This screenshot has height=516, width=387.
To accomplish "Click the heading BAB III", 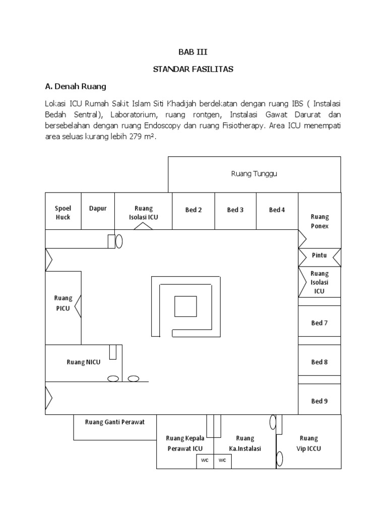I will [193, 51].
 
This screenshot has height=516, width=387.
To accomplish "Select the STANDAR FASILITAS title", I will [193, 70].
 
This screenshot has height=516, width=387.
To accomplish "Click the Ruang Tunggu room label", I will [254, 174].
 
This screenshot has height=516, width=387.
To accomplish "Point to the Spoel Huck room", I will [63, 213].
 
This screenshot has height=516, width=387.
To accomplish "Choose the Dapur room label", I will [98, 208].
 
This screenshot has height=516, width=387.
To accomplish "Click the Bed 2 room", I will [193, 210].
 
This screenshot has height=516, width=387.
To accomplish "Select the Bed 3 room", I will [235, 210].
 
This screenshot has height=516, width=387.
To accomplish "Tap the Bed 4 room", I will [277, 210].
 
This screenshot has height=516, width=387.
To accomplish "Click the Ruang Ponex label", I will [319, 221].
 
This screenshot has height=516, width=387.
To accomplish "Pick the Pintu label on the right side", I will [319, 255].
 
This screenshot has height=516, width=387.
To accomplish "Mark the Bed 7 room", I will [319, 323].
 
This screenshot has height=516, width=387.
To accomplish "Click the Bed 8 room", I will [319, 362].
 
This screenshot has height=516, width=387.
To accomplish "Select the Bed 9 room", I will [319, 401].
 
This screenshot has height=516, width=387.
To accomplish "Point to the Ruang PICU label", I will [63, 303].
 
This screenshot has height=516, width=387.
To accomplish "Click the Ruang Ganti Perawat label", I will [115, 422].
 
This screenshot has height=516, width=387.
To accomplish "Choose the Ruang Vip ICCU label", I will [309, 443].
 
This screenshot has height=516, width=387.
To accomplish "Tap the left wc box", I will [205, 460].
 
